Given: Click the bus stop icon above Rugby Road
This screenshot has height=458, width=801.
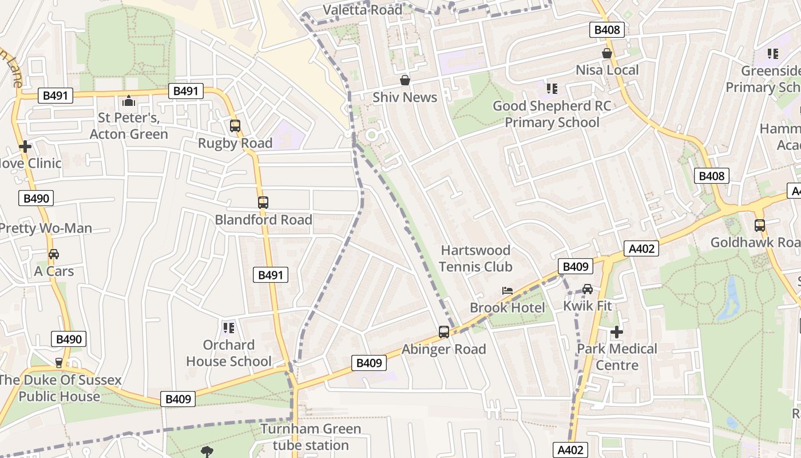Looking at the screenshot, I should tap(235, 125).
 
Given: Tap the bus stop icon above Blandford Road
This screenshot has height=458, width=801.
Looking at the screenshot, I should tap(263, 202).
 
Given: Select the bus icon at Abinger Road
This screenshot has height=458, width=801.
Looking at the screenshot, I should tap(444, 331).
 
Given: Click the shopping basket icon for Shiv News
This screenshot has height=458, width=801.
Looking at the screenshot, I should tap(405, 80).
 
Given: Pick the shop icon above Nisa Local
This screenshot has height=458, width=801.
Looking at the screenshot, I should tap(607, 53).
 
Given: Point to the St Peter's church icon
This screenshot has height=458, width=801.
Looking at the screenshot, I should tap(129, 101).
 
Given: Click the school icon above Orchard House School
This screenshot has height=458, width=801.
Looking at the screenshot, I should tap(229, 327).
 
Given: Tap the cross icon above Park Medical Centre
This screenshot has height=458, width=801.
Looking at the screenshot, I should tap(616, 331).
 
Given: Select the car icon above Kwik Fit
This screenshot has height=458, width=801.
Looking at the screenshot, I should tap(588, 289).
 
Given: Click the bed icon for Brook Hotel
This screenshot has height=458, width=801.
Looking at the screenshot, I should tap(507, 291).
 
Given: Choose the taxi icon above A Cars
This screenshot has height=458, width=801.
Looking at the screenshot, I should tap(54, 254).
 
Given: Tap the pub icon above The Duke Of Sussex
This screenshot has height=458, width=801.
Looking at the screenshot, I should tap(58, 362).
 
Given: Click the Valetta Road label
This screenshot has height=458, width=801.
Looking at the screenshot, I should tap(363, 10).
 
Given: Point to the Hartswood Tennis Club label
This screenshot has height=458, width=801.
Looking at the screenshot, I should tap(476, 258).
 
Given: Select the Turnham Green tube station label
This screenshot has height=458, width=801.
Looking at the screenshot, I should tap(311, 437).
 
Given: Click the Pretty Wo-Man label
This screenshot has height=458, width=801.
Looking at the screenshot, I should tap(46, 228).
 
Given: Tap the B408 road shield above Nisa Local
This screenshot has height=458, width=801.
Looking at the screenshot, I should tap(606, 30).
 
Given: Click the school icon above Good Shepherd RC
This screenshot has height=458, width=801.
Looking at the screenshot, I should tap(552, 89).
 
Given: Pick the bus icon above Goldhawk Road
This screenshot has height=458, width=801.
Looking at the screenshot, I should tap(760, 226).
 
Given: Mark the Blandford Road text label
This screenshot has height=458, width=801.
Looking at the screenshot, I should tap(263, 219).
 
